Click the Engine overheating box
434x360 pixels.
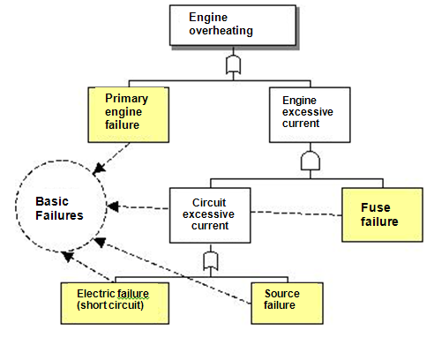coord(233,26)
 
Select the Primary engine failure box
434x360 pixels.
coord(129,115)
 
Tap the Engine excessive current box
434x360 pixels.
coord(310,115)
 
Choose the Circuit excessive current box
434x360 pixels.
coord(210,215)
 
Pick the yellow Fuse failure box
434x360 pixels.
coord(382,214)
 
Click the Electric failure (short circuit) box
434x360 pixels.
coord(115,304)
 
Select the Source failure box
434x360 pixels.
coord(287,304)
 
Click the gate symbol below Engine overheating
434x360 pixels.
coord(233,64)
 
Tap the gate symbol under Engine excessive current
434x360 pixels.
coord(311,161)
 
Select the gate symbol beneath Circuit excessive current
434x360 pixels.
coord(211,261)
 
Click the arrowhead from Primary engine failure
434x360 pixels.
coord(99,169)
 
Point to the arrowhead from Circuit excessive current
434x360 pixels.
coord(113,206)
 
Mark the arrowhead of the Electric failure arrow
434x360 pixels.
coord(68,256)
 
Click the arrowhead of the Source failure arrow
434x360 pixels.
coord(100,242)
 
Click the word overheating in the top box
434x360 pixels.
coord(221,31)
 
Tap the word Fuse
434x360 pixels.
coord(376,207)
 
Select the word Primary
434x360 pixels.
coord(126,98)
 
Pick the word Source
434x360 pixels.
coord(282,294)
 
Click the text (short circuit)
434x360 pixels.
coord(110,305)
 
